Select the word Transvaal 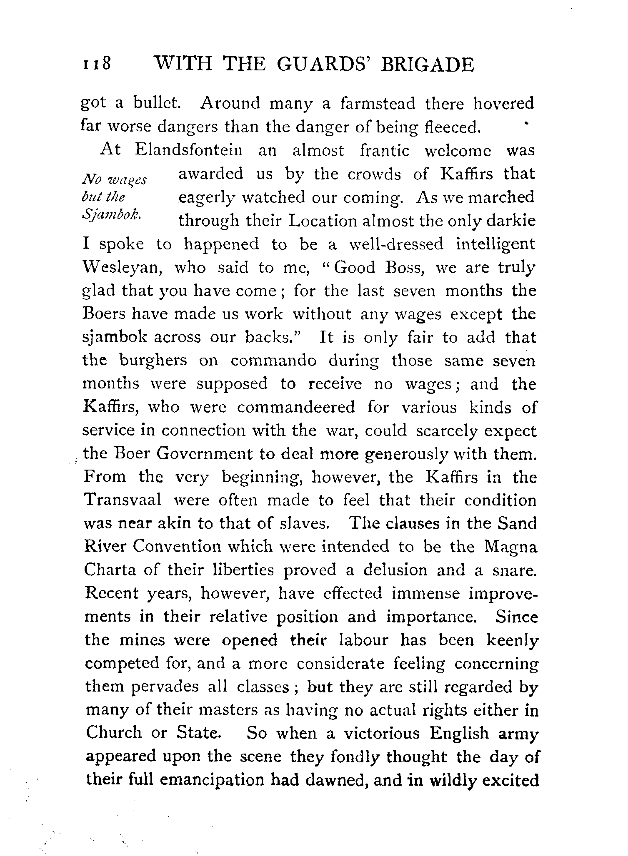(123, 500)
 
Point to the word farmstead (378, 104)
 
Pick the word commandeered (296, 407)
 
